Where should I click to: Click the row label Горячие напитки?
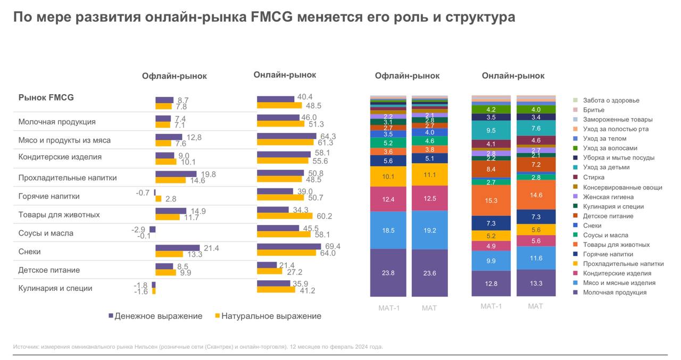49,196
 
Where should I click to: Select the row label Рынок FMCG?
46,97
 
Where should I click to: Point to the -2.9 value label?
138,229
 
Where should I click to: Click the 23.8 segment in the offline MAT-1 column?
388,272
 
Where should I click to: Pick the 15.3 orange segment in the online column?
491,200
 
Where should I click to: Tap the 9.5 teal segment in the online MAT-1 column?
491,130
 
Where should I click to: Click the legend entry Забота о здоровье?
611,101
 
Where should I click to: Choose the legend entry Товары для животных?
616,245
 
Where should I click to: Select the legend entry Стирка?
593,178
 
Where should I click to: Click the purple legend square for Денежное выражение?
111,316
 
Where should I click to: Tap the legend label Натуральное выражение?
271,316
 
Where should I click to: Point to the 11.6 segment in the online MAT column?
536,258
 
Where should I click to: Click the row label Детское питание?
49,270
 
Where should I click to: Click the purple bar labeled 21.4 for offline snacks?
177,248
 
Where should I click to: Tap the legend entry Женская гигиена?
608,197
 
